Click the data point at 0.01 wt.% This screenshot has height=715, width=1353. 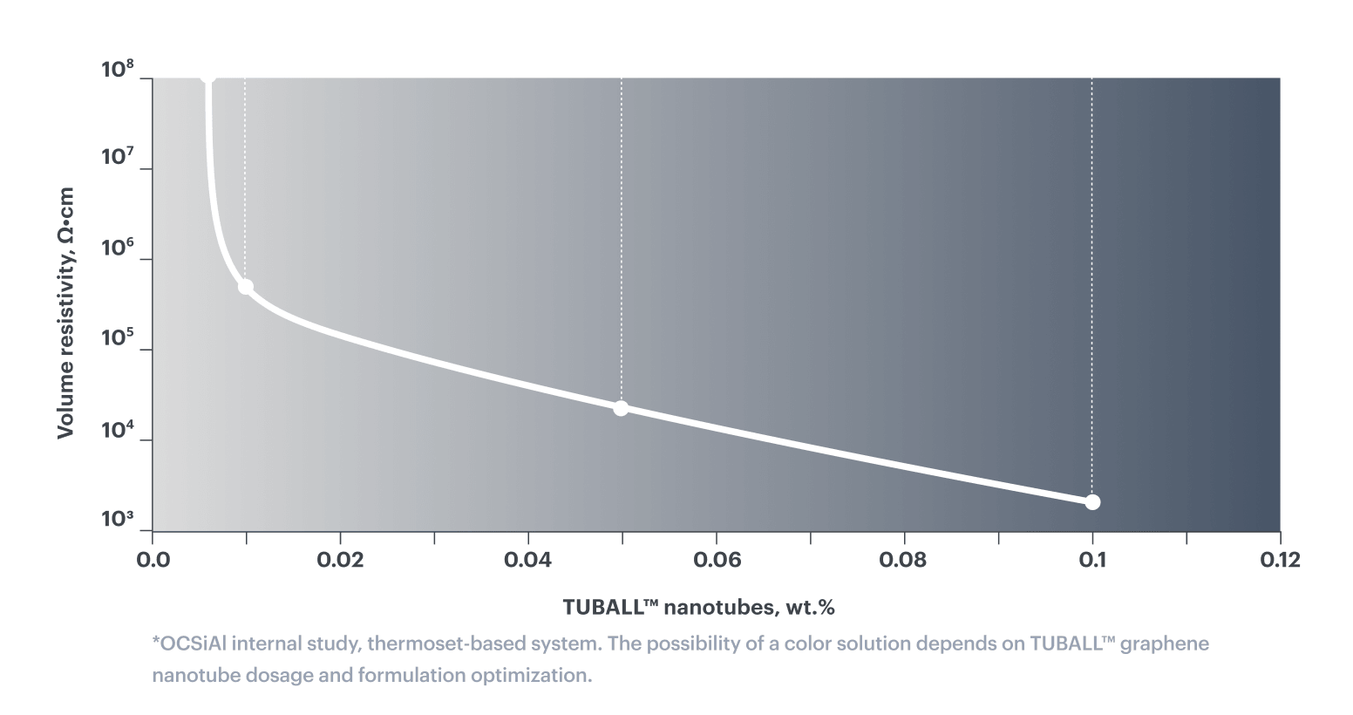point(245,287)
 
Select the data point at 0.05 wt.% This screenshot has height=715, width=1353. point(621,409)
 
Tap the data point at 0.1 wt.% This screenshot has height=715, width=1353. point(1092,502)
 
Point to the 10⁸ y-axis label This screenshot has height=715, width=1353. point(117,70)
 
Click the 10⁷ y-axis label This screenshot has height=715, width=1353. point(117,156)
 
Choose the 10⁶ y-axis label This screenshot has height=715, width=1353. point(117,248)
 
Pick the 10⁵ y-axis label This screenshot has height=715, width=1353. point(117,337)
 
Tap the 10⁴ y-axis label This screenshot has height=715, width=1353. point(117,429)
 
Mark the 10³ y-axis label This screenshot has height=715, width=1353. point(117,519)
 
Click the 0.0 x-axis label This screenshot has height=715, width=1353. point(153,561)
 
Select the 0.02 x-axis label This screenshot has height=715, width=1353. point(340,561)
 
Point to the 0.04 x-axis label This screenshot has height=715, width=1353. point(528,561)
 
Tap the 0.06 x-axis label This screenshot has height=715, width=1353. point(717,561)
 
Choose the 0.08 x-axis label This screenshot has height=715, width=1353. point(903,561)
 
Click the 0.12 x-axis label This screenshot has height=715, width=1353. point(1280,561)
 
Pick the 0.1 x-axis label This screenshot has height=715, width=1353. point(1092,561)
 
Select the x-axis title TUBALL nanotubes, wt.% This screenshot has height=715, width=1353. point(699,607)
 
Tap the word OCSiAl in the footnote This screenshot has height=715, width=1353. point(194,643)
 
